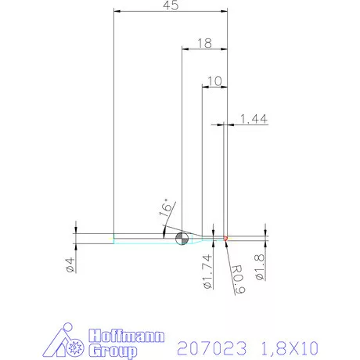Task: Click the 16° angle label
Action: coord(165,207)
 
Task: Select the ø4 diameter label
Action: coord(70,265)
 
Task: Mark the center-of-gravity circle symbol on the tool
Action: coord(182,238)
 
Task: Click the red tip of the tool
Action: coord(225,237)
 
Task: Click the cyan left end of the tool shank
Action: coord(114,238)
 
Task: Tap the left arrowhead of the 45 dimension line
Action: coord(117,12)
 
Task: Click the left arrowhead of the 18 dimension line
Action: coord(185,49)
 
